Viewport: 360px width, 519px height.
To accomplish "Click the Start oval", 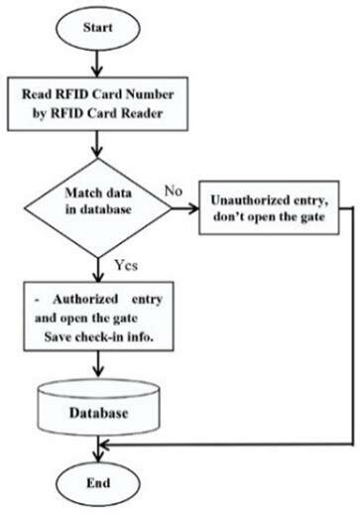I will point(97,28).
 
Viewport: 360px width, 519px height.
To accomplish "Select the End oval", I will point(97,488).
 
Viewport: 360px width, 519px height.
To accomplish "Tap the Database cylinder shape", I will point(97,408).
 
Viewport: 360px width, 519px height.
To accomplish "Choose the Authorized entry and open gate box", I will point(97,316).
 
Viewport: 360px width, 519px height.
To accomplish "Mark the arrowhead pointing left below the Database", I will point(105,448).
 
